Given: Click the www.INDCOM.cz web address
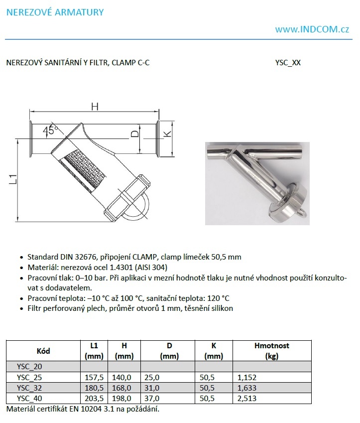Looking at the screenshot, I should point(312,29).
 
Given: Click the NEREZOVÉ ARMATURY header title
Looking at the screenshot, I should point(55,12).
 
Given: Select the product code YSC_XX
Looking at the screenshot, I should point(288,63).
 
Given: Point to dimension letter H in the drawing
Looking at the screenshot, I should point(94,106).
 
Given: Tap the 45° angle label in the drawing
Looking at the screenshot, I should point(50,130).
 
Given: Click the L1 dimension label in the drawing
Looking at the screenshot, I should point(13,179).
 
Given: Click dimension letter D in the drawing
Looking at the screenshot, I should point(133,134).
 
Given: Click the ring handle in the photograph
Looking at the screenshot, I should point(300,212).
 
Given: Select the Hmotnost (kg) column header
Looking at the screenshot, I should point(271,351).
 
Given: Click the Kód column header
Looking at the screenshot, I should point(43,351).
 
